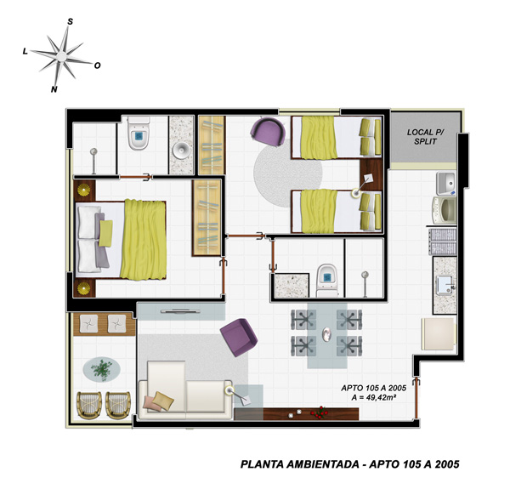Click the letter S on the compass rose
[x=70, y=21]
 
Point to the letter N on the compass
[x=54, y=89]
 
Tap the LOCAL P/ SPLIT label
[x=426, y=137]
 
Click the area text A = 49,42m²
[x=374, y=397]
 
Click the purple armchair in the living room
[x=239, y=338]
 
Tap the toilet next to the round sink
[x=139, y=133]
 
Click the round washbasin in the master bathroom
[x=181, y=151]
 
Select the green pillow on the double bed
[x=105, y=233]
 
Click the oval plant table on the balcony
[x=101, y=370]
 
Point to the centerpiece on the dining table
[x=326, y=334]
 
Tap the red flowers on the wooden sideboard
[x=320, y=412]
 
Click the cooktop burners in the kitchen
[x=442, y=242]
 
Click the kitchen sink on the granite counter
[x=446, y=286]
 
